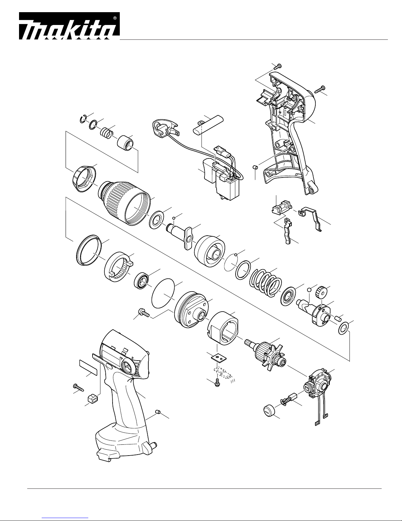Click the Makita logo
[x=69, y=26]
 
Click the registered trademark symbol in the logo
[x=115, y=18]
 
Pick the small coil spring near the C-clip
[x=106, y=132]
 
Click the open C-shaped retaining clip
[x=83, y=119]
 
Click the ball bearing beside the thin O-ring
[x=141, y=280]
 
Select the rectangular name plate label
[x=88, y=367]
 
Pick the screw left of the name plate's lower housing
[x=78, y=387]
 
